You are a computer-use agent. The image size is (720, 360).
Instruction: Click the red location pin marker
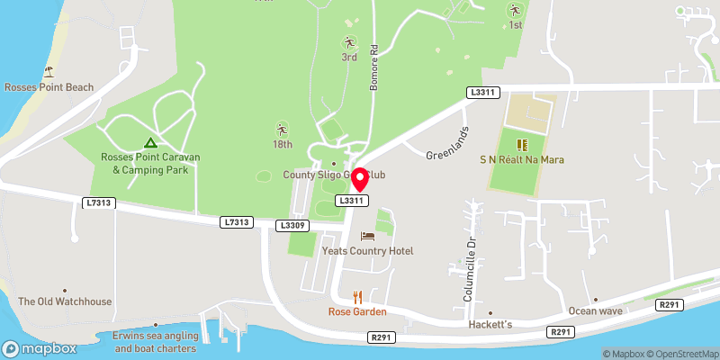(x=359, y=179)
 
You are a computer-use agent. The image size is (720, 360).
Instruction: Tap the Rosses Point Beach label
(x=49, y=87)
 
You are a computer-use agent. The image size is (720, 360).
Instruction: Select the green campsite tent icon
(x=150, y=142)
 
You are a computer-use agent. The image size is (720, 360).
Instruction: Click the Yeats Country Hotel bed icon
(x=367, y=236)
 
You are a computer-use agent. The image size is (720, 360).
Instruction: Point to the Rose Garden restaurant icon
(x=357, y=296)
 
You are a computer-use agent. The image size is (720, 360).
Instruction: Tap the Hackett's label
(x=490, y=324)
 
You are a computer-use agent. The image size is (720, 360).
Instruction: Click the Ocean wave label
(x=595, y=311)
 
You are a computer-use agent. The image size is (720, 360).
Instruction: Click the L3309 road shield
(x=294, y=225)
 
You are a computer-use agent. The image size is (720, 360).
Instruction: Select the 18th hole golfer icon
(x=282, y=129)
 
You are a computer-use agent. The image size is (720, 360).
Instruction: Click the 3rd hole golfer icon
(x=349, y=41)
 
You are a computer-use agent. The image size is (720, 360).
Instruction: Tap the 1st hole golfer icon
(x=515, y=11)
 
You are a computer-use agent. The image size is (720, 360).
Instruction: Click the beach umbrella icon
(x=49, y=71)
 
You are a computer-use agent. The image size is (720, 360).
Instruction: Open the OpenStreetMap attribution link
(x=683, y=354)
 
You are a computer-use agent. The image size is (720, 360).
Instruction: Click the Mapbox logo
(x=40, y=348)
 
